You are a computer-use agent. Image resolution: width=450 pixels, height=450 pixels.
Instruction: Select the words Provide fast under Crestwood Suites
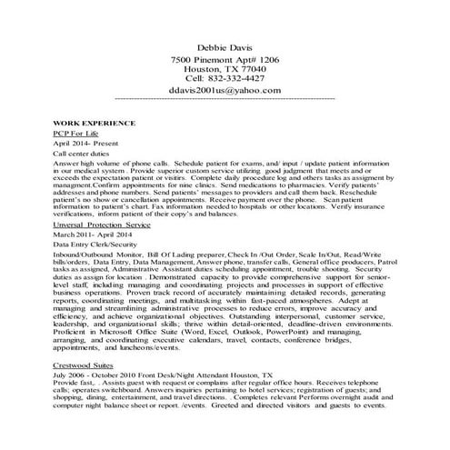point(73,409)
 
